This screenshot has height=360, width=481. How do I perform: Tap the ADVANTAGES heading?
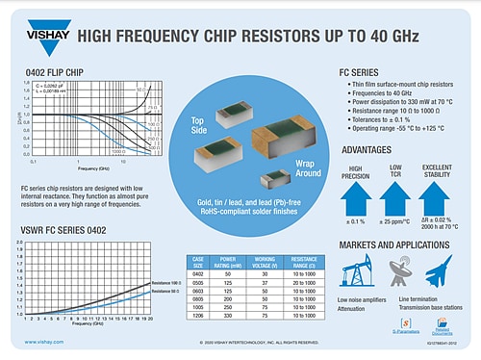(x=372, y=149)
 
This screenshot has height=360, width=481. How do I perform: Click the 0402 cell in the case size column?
(x=198, y=273)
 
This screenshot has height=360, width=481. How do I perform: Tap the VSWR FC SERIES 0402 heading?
(x=68, y=231)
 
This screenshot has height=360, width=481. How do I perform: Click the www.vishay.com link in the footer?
(x=44, y=342)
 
